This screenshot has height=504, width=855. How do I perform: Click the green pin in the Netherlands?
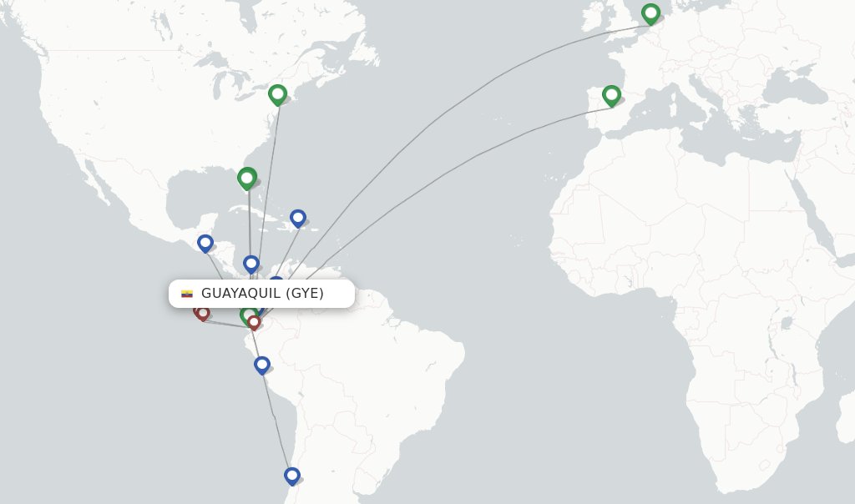650,13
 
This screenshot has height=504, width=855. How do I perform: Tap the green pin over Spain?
611,94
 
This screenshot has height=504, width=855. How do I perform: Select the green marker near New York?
277,93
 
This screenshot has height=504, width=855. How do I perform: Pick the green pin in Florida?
246,177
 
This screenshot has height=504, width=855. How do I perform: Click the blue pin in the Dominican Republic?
298,218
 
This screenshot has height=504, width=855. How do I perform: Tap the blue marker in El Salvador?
205,242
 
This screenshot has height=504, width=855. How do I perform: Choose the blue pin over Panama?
251,264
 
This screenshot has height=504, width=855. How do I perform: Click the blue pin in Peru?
262,365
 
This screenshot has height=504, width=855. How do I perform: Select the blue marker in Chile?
291,476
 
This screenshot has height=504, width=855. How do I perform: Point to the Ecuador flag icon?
187,294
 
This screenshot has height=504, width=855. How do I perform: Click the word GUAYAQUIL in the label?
240,294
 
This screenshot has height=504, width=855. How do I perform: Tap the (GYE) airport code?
305,294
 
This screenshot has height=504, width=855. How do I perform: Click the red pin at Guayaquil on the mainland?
254,321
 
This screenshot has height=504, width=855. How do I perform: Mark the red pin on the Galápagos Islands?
203,313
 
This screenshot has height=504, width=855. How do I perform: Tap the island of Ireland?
594,17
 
